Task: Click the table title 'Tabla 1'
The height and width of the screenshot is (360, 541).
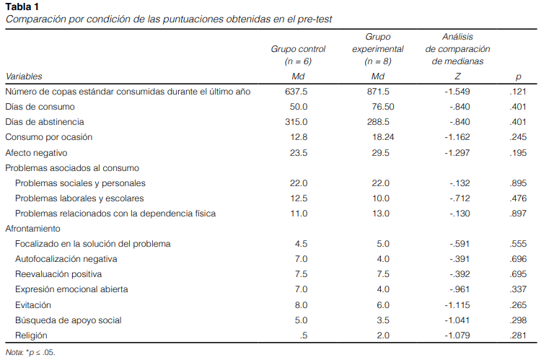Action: tap(22, 6)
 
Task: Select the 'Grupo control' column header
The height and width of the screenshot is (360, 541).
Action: tap(298, 49)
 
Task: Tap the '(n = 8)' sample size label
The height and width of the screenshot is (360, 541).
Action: tap(378, 61)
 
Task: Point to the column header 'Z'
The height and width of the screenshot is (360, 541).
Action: tap(457, 76)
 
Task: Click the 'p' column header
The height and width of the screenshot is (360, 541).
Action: tap(518, 77)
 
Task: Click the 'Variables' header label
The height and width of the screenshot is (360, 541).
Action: tap(24, 76)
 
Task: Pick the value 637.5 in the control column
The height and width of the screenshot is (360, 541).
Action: tap(296, 92)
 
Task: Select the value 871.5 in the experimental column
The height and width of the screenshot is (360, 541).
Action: tap(378, 92)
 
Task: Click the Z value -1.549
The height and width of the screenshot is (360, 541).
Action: tap(457, 92)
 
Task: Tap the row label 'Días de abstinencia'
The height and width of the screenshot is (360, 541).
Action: tap(45, 122)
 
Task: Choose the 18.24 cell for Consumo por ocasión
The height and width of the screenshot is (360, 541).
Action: tap(383, 137)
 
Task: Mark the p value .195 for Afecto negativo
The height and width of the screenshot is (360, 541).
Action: tap(518, 153)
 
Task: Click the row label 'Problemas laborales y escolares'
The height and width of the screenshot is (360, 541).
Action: tap(79, 198)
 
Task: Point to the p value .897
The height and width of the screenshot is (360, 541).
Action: tap(518, 214)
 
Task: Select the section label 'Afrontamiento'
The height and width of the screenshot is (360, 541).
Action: tap(32, 229)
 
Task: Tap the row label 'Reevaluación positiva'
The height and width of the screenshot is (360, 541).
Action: tap(58, 274)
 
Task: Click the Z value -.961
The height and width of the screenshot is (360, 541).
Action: tap(459, 289)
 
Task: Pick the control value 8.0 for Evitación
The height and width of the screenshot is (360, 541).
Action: tap(302, 305)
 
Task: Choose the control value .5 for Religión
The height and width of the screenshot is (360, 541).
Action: tap(304, 335)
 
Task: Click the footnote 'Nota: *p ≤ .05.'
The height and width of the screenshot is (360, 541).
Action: tap(30, 352)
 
